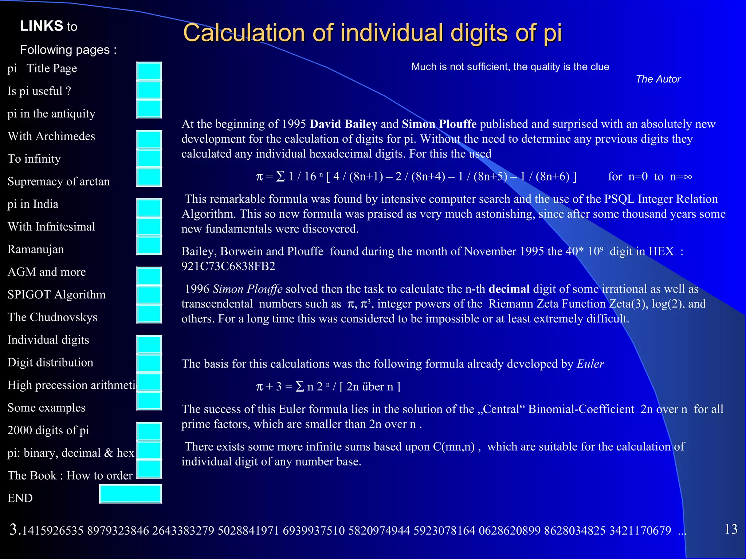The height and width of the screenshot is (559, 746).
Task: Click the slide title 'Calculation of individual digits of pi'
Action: click(372, 33)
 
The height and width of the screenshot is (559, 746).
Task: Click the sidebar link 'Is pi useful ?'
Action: click(39, 91)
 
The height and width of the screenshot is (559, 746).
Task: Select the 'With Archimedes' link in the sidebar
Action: click(51, 136)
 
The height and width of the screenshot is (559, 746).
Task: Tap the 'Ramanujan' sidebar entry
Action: click(36, 249)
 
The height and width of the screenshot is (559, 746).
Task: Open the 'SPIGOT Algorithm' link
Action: click(56, 294)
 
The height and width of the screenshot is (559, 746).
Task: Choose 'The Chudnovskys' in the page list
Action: click(52, 317)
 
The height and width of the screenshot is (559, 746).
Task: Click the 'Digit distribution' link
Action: click(50, 362)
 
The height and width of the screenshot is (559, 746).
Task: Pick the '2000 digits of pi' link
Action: click(48, 430)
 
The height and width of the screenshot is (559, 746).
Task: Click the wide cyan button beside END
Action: click(130, 494)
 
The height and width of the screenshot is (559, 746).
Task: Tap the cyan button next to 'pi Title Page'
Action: click(149, 71)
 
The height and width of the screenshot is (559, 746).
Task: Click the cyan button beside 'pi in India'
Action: click(149, 208)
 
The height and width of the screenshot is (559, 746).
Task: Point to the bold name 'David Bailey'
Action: click(343, 124)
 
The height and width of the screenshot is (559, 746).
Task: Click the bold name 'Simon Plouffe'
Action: click(439, 124)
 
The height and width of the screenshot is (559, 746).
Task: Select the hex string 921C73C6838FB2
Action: click(228, 266)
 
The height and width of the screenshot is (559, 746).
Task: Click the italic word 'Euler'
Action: click(590, 364)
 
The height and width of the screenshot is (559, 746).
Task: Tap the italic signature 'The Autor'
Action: click(658, 79)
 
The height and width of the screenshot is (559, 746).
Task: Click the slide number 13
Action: click(731, 529)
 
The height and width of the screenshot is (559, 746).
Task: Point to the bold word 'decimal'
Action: click(509, 289)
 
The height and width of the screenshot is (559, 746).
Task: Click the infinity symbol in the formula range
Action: click(687, 177)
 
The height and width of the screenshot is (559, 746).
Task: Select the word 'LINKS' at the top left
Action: click(42, 26)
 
